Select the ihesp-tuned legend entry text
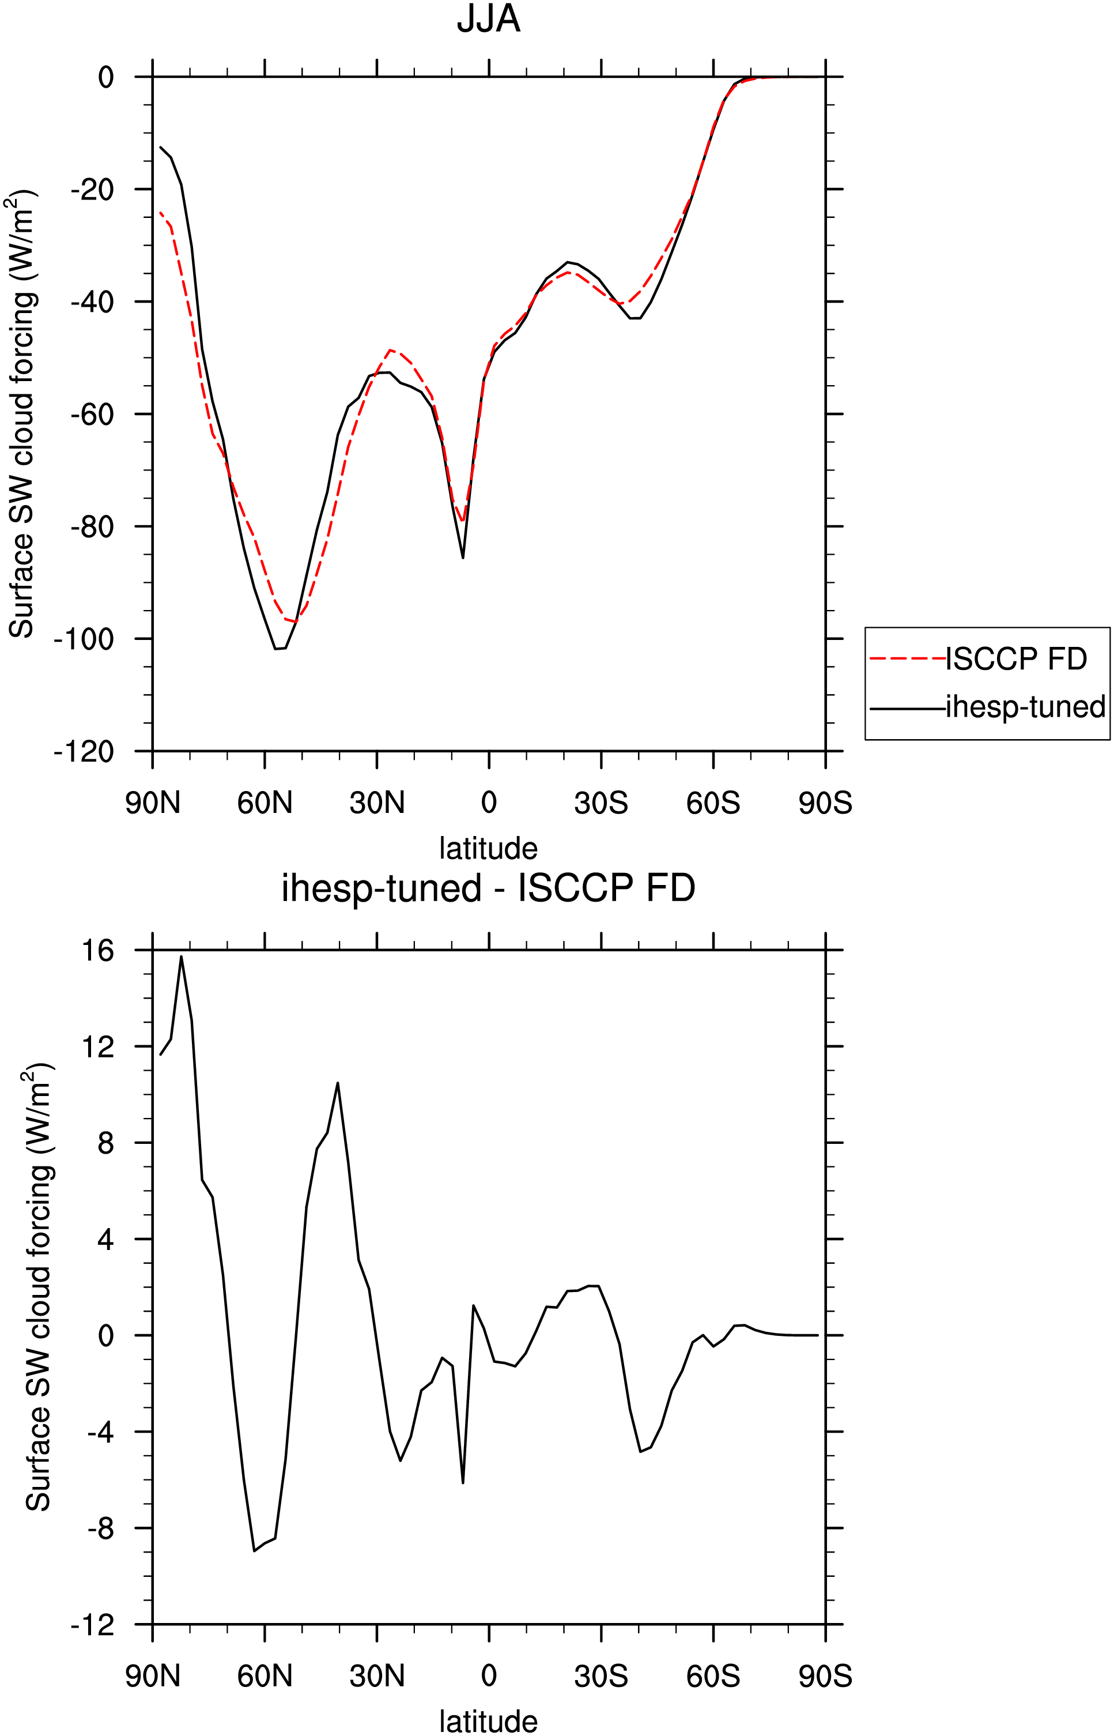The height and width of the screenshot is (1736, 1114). click(1026, 707)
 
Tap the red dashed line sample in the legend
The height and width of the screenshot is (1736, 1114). click(907, 658)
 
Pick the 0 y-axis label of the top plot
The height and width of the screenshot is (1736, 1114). click(105, 77)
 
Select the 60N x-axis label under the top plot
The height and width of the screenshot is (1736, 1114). click(265, 803)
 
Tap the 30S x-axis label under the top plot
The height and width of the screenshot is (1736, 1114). click(601, 803)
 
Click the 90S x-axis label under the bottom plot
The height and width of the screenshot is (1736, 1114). click(825, 1676)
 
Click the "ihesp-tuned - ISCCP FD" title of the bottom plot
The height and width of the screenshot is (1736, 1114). click(488, 888)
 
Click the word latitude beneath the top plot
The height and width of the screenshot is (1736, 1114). click(488, 848)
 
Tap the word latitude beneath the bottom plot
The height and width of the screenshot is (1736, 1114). click(488, 1722)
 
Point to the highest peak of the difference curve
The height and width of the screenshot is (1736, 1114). click(182, 957)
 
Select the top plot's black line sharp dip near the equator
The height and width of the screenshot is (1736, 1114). click(463, 557)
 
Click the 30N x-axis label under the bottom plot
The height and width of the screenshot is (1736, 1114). click(377, 1676)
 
